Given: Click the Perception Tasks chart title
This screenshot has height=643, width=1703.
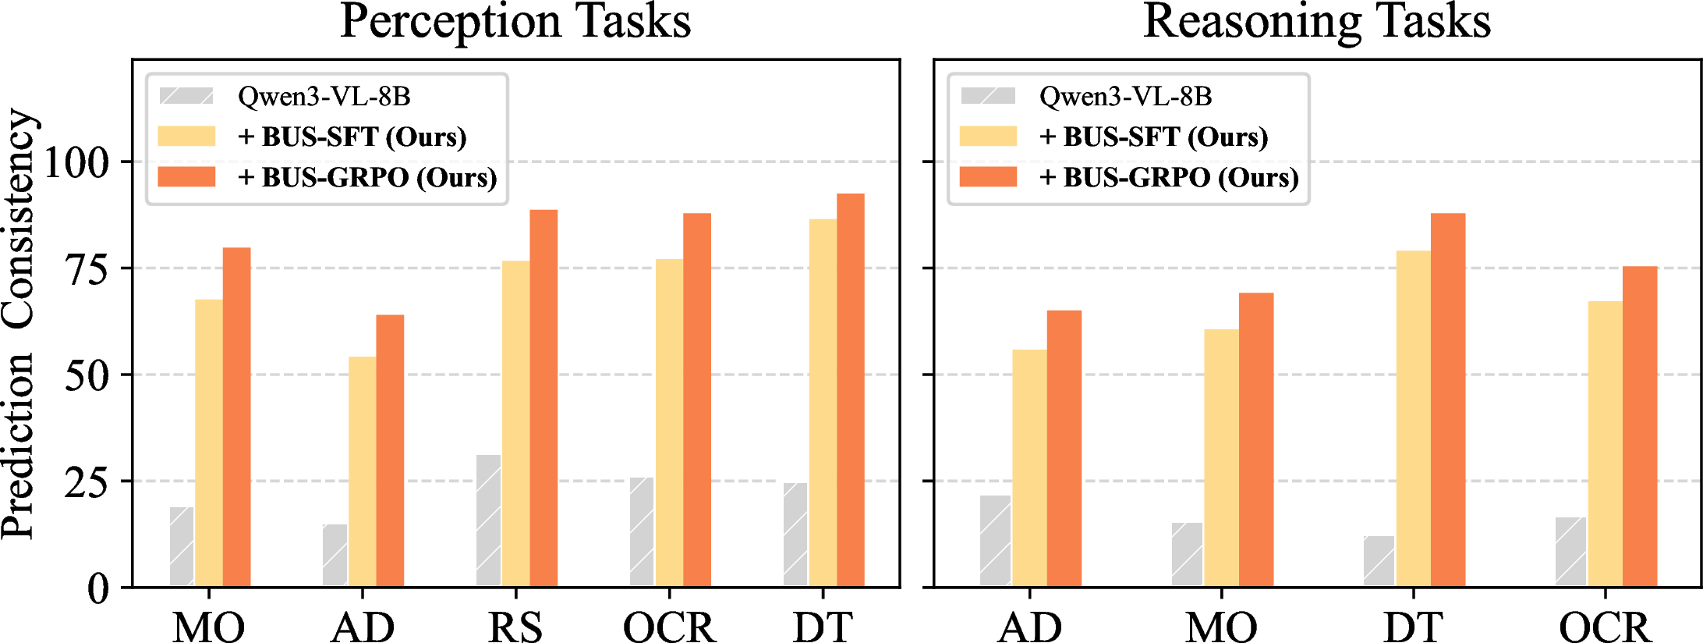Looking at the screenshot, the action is [x=515, y=22].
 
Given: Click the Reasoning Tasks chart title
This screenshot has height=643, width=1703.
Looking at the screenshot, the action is [x=1317, y=22].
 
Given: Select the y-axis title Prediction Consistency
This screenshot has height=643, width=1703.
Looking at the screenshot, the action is [x=19, y=324].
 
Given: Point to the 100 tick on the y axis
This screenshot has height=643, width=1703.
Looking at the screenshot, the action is [x=76, y=162].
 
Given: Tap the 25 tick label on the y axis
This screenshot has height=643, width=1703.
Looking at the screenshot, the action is [x=87, y=482].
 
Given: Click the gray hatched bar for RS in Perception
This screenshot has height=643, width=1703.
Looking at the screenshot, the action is [x=489, y=520].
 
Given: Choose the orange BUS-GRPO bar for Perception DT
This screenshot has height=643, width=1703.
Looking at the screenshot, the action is [x=851, y=390].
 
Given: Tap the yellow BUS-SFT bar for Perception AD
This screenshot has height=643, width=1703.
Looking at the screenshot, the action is [x=363, y=471].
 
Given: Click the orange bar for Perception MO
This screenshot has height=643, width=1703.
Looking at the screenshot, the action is [x=237, y=417].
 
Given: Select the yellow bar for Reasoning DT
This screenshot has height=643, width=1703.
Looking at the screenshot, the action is [x=1413, y=418].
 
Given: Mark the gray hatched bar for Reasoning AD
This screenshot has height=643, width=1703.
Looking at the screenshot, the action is [x=996, y=541].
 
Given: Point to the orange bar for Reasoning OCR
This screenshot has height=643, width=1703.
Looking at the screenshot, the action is [x=1640, y=427].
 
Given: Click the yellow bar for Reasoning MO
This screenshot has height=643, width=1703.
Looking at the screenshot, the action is [x=1221, y=458].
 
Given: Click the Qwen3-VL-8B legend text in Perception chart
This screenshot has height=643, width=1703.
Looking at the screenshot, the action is [x=324, y=97].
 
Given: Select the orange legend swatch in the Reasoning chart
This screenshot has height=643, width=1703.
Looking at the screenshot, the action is [x=988, y=176].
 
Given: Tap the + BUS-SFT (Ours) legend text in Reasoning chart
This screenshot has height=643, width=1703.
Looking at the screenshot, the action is [x=1154, y=137].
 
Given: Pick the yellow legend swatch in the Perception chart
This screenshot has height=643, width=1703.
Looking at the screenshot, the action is [x=186, y=137].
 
